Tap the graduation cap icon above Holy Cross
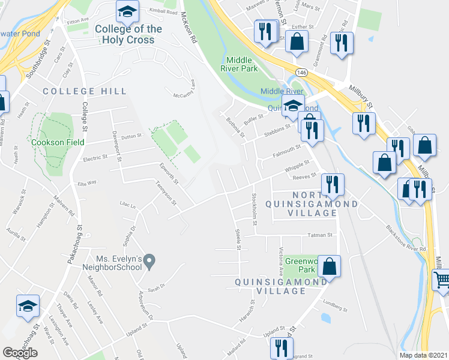127,12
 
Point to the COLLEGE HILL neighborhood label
85,91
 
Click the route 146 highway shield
300,72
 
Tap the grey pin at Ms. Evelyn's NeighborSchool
150,261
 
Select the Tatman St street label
321,235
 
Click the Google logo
20,353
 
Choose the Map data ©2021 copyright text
423,355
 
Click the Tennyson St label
166,193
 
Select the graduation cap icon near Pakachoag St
28,306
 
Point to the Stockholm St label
255,206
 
